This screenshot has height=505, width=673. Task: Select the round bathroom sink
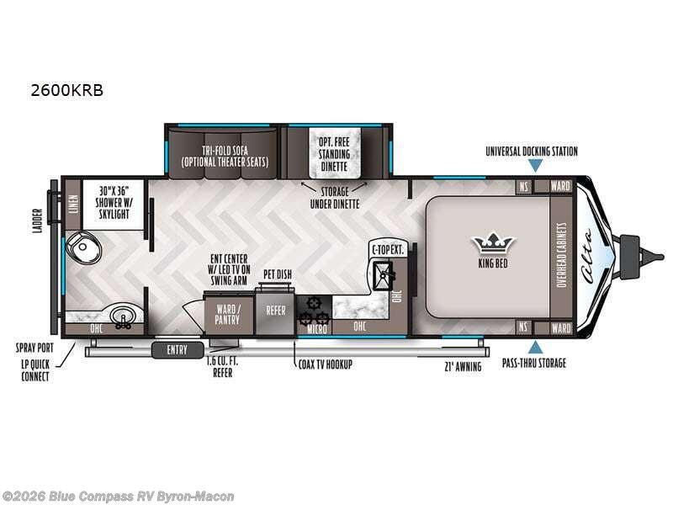pos(123,316)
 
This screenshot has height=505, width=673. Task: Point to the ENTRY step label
pos(178,350)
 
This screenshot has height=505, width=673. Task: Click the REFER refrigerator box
pos(276,311)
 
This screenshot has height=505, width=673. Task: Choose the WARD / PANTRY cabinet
pos(227,315)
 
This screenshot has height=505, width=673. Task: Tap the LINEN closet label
pos(72,205)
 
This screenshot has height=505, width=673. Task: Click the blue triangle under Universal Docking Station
pos(535,165)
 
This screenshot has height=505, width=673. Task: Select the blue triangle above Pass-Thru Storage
pos(535,347)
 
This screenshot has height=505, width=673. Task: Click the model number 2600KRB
pos(67,91)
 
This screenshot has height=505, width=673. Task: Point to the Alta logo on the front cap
pos(588,257)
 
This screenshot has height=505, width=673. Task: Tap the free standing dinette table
pos(335,153)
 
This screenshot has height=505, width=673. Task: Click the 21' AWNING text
pos(463,367)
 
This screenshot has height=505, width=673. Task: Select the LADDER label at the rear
pos(38,221)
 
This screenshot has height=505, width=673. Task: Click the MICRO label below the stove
pos(317,329)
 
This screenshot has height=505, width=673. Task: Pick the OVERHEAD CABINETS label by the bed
pos(562,255)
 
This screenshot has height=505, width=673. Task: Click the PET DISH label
pos(278,274)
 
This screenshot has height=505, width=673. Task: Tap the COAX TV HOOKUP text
pos(326,364)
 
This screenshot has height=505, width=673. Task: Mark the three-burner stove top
pos(315,311)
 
